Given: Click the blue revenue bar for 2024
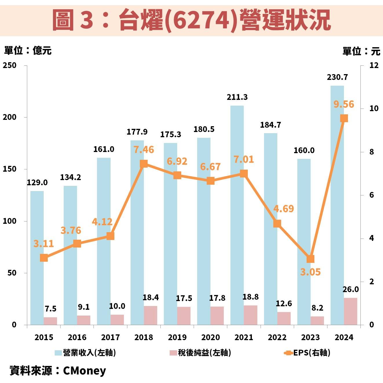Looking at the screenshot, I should point(337,203).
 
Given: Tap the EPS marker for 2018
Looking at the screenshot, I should point(144,164).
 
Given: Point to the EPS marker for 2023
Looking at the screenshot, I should point(310,259).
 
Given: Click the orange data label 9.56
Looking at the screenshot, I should point(344,104).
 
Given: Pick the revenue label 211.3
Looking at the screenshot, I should point(237,97).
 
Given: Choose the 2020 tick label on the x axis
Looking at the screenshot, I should point(210,337).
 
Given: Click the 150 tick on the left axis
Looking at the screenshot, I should point(10,169).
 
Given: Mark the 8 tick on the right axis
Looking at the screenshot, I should point(371,152).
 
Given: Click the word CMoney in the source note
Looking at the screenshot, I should point(85,371).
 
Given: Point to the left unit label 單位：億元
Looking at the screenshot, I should point(28,51).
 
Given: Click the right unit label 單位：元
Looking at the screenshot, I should point(361,51).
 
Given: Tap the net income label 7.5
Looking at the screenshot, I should point(50,309).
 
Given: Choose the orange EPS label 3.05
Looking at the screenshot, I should point(310,272).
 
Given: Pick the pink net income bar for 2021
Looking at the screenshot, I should point(250,315).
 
